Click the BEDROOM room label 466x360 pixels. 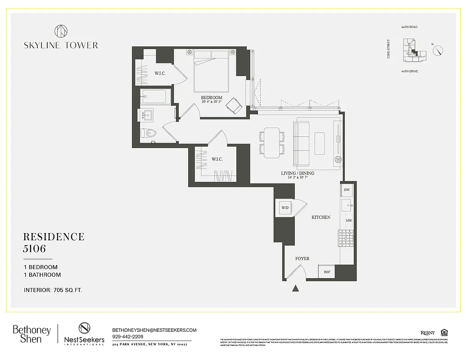[x=211, y=98]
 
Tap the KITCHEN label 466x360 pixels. [x=321, y=217]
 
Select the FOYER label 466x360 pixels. [x=302, y=259]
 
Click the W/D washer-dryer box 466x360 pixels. [x=285, y=208]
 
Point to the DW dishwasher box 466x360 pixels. [x=347, y=190]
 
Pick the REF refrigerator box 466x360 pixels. [x=327, y=272]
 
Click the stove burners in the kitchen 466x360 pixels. [x=346, y=238]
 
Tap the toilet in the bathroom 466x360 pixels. [x=148, y=133]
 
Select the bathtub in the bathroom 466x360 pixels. [x=153, y=97]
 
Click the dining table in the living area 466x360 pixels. [x=272, y=143]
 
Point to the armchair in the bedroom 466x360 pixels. [x=234, y=106]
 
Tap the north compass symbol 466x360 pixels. [x=438, y=51]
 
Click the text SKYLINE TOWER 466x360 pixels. [x=61, y=45]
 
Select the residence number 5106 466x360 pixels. [x=35, y=249]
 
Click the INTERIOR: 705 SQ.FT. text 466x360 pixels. [x=53, y=290]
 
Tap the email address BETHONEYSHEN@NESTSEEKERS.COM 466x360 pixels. [x=154, y=330]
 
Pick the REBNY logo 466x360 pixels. [x=427, y=333]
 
